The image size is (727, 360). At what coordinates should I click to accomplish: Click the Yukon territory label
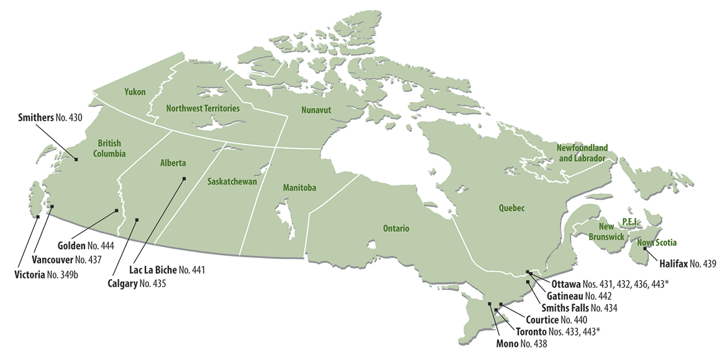(134, 92)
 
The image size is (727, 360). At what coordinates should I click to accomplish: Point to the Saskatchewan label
(232, 182)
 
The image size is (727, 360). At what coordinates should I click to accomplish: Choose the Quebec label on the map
(511, 208)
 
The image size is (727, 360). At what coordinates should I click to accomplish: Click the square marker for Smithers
(76, 160)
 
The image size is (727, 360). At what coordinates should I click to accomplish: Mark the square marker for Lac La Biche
(183, 179)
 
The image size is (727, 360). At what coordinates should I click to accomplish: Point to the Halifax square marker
(645, 249)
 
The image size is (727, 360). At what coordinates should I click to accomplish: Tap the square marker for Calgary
(137, 219)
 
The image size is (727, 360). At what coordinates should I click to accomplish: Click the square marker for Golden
(117, 211)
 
